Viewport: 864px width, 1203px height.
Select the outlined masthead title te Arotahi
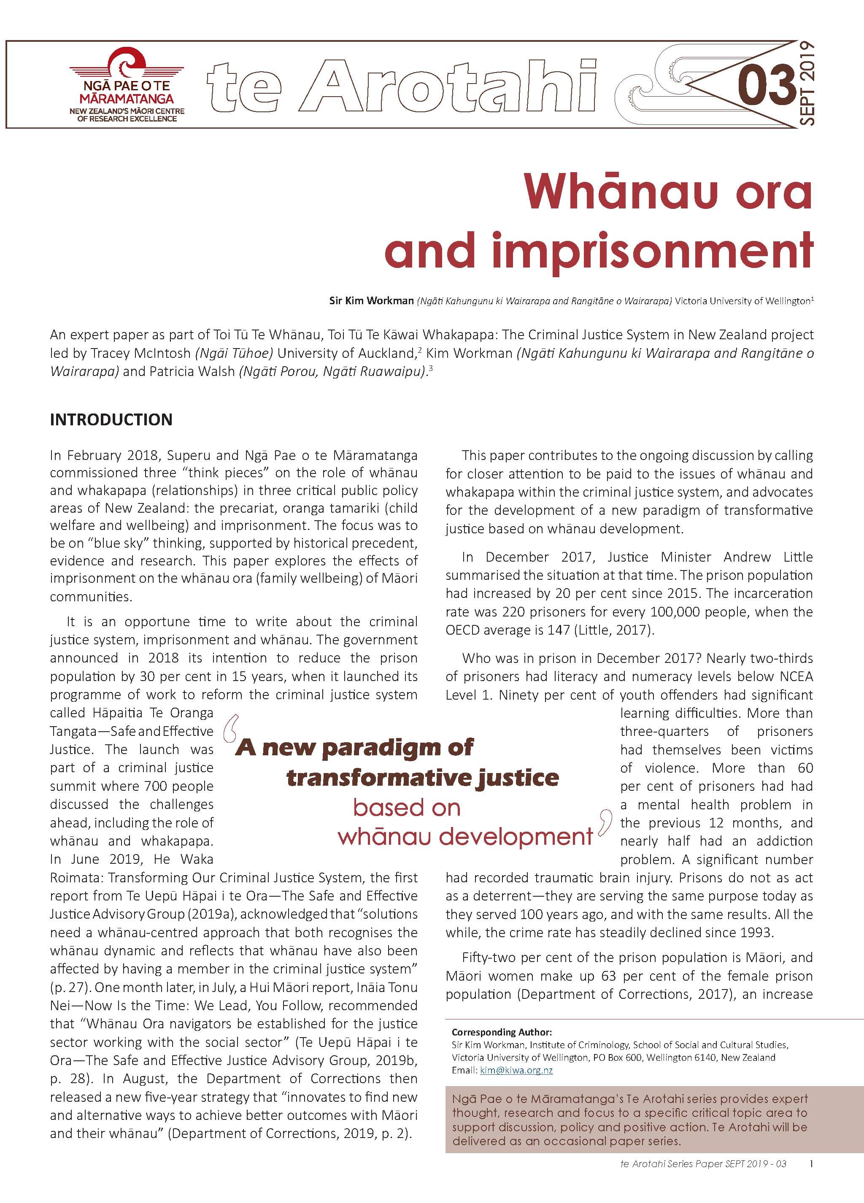tap(402, 86)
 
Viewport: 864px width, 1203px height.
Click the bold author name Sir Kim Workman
tap(371, 301)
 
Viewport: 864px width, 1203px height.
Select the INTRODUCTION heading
tap(111, 419)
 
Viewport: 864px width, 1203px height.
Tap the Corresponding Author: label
tap(501, 1032)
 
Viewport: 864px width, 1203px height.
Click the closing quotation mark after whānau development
tap(605, 823)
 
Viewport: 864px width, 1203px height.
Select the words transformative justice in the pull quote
tap(422, 778)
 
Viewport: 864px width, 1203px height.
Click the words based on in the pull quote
tap(406, 808)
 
